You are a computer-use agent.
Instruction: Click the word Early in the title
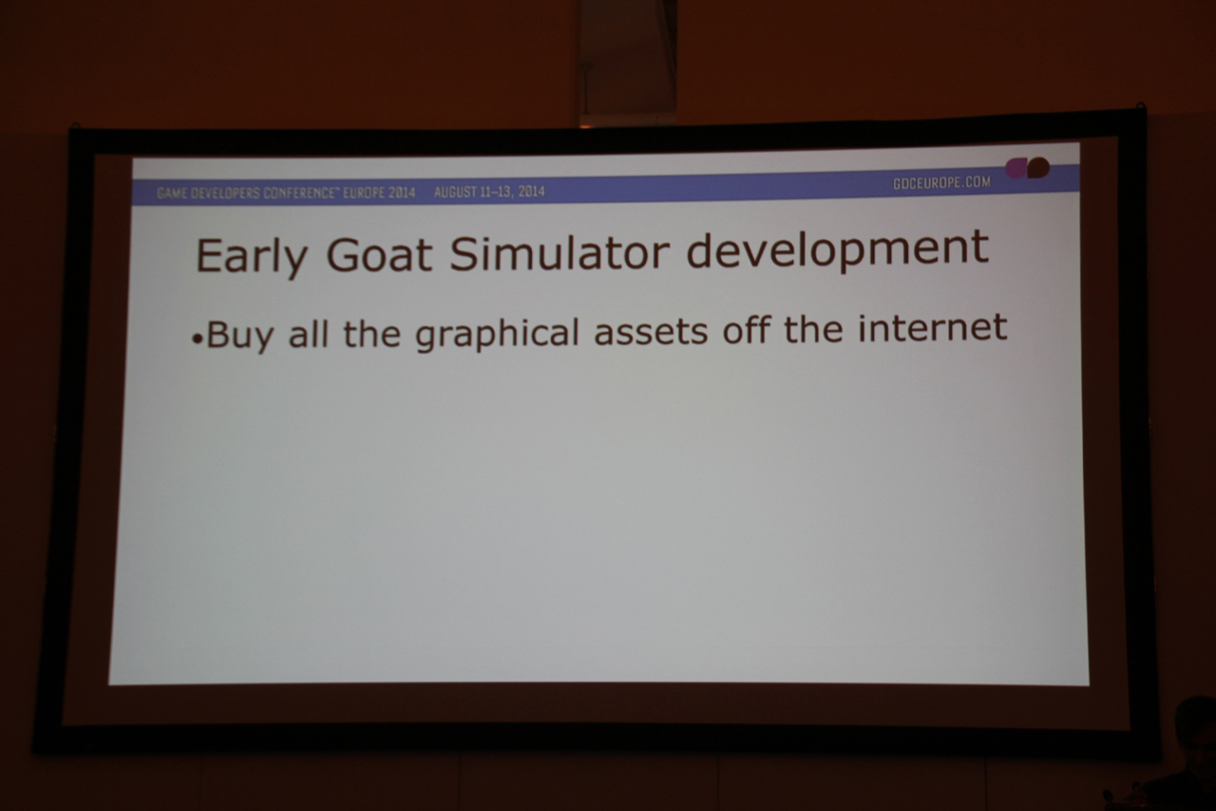click(x=252, y=257)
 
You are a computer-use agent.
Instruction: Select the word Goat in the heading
click(x=379, y=254)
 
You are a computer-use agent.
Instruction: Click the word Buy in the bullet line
click(x=239, y=335)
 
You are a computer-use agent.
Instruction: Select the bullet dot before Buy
click(x=197, y=339)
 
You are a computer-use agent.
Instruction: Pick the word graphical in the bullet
click(x=497, y=333)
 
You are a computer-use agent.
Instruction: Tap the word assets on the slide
click(x=651, y=331)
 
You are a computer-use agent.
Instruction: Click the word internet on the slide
click(x=932, y=328)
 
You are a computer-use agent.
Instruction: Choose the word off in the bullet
click(x=747, y=329)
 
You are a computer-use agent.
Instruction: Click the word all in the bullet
click(x=309, y=333)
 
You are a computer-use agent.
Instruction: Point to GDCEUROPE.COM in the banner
click(x=941, y=183)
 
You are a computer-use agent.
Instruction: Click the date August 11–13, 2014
click(x=489, y=192)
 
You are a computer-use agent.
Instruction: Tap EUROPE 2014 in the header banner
click(x=378, y=193)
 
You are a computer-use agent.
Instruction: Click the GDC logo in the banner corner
click(x=1027, y=168)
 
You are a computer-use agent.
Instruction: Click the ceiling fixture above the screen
click(x=626, y=63)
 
